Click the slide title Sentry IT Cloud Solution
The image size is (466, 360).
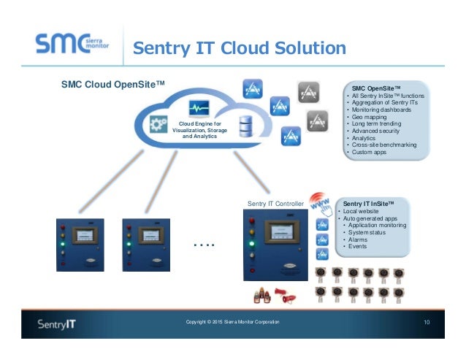coord(239,49)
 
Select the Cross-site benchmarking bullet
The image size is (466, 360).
coord(383,145)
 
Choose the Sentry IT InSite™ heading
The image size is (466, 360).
coord(369,203)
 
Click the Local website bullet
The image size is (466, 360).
coord(362,210)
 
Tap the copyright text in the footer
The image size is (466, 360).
coord(232,322)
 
